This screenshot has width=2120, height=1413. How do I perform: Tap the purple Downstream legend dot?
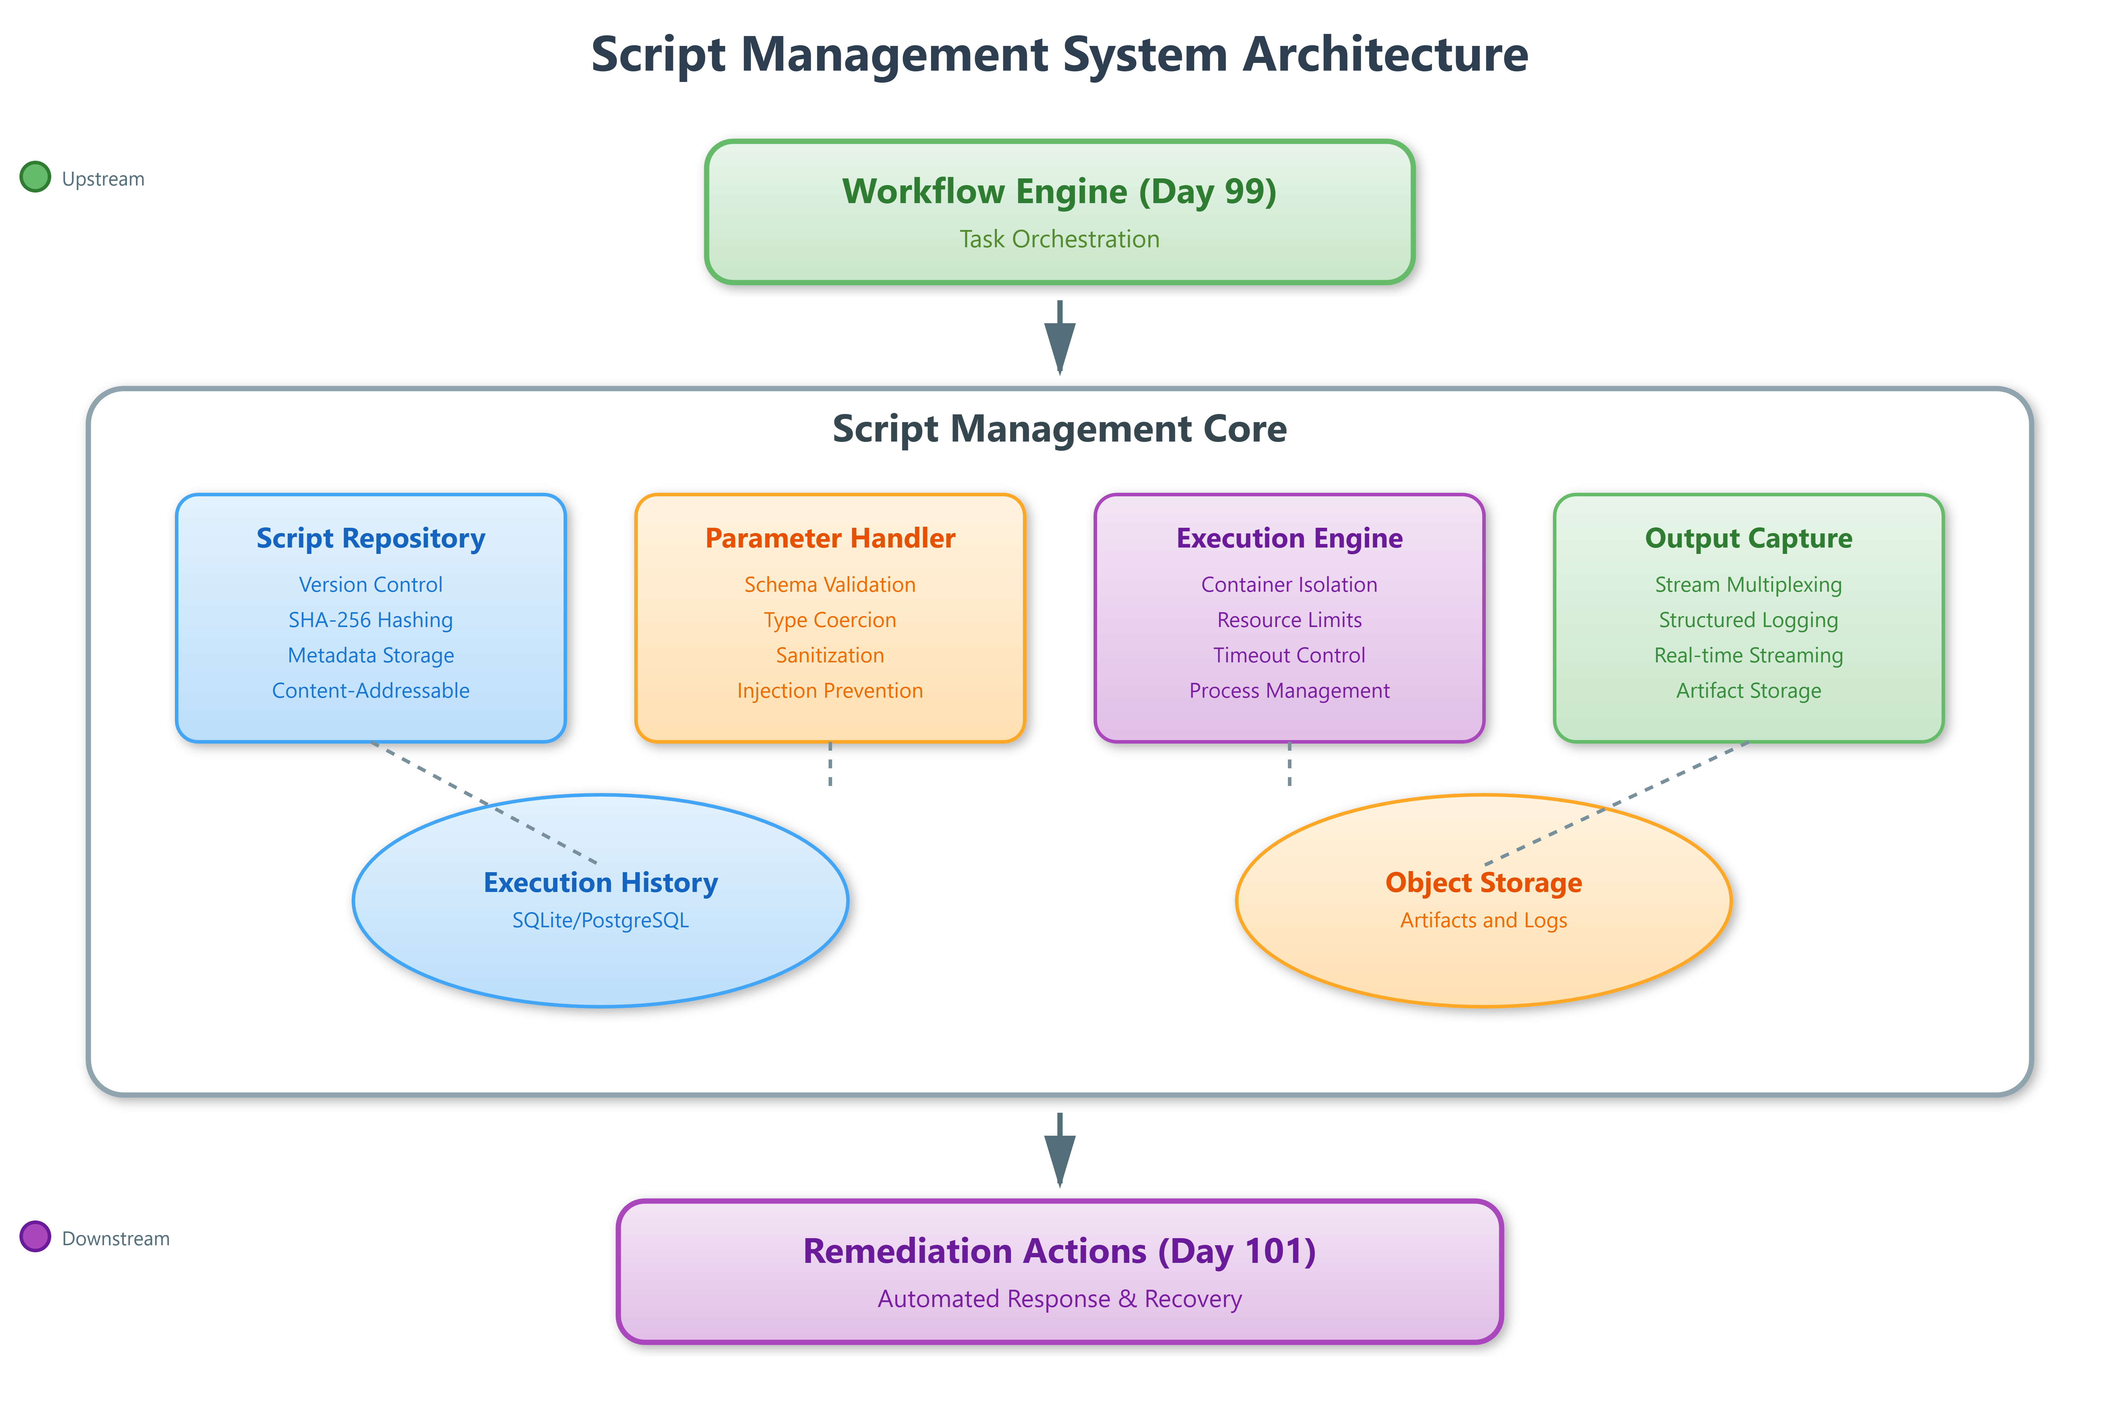pyautogui.click(x=35, y=1236)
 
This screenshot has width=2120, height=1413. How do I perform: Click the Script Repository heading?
pyautogui.click(x=370, y=538)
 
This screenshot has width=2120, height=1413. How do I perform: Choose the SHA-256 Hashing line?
pyautogui.click(x=370, y=620)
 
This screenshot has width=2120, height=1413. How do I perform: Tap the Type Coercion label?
pyautogui.click(x=829, y=620)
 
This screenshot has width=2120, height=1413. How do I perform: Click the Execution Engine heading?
pyautogui.click(x=1289, y=538)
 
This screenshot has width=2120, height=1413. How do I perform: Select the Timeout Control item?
pyautogui.click(x=1289, y=655)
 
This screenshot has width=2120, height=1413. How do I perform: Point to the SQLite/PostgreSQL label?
pyautogui.click(x=600, y=920)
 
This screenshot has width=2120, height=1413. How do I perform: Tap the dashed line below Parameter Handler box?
pyautogui.click(x=830, y=764)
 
